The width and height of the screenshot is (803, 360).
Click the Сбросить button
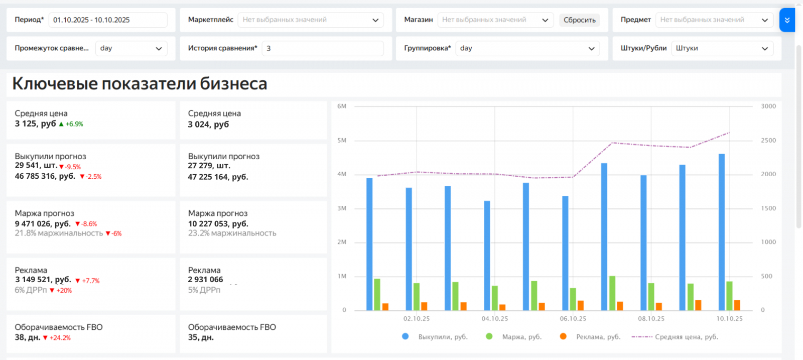pyautogui.click(x=579, y=20)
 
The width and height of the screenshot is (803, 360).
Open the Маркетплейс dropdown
pyautogui.click(x=310, y=20)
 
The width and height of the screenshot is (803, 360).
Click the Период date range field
pyautogui.click(x=108, y=20)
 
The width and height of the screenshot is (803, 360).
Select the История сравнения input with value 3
pyautogui.click(x=322, y=48)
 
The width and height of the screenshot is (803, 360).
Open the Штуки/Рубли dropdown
pyautogui.click(x=722, y=48)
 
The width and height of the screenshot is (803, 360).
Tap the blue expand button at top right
pyautogui.click(x=786, y=20)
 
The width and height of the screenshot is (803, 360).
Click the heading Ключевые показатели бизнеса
pyautogui.click(x=140, y=84)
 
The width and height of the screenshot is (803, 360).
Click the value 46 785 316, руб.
pyautogui.click(x=45, y=176)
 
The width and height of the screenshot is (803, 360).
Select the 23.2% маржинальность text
pyautogui.click(x=232, y=233)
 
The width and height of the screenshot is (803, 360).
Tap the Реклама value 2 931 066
pyautogui.click(x=205, y=280)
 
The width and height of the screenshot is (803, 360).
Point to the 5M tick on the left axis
pyautogui.click(x=342, y=141)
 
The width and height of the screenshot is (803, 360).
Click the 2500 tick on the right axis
pyautogui.click(x=768, y=141)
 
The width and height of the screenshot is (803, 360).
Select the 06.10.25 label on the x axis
pyautogui.click(x=573, y=319)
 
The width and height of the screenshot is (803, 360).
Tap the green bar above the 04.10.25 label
pyautogui.click(x=495, y=298)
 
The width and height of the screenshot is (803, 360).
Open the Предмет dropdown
pyautogui.click(x=714, y=20)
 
